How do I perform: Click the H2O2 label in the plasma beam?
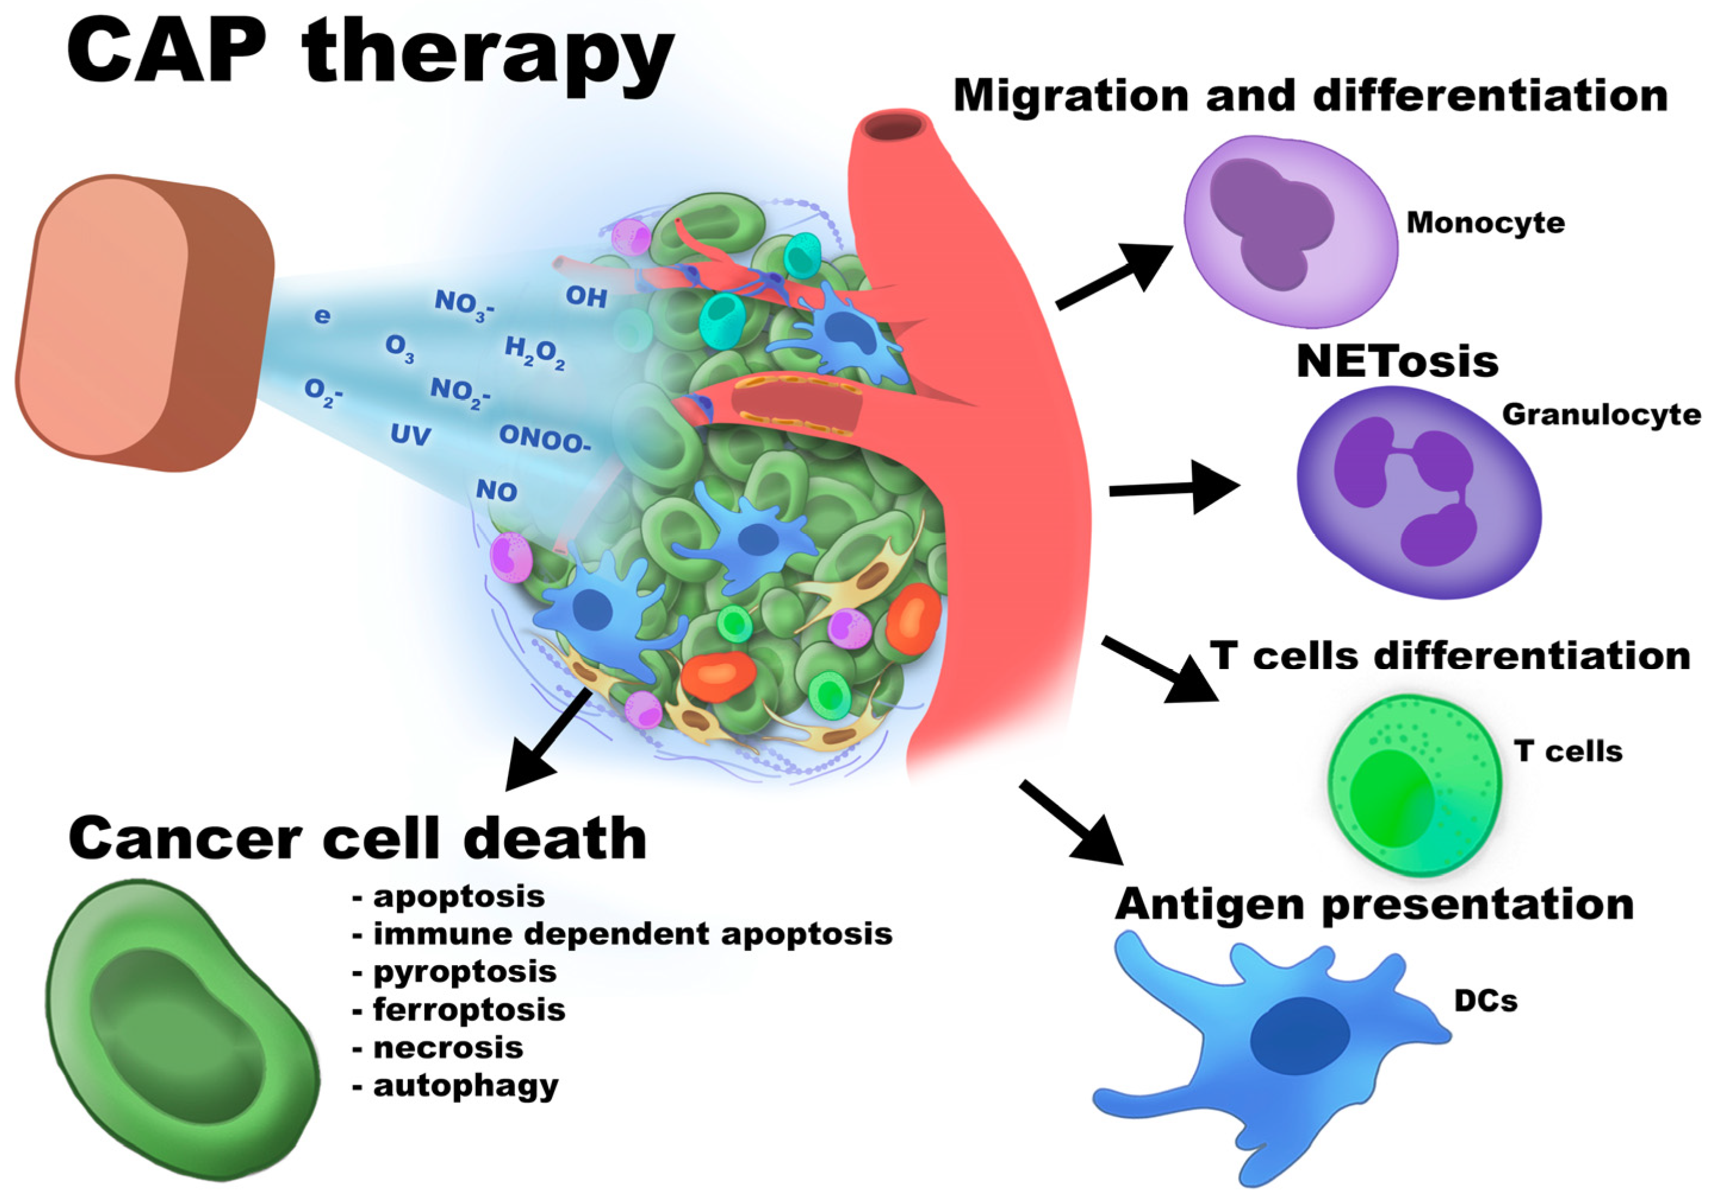coord(534,352)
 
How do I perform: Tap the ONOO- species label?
coord(544,438)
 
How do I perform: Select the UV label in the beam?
coord(411,435)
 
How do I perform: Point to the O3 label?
coord(400,348)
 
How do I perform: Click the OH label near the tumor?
coord(586,296)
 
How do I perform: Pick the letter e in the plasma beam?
coord(322,316)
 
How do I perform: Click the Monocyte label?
coord(1485,222)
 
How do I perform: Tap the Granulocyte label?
coord(1601,414)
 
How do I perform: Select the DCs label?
coord(1485,1001)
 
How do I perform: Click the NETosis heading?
coord(1397,361)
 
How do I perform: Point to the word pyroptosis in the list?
coord(464,972)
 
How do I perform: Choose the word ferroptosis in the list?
coord(468,1010)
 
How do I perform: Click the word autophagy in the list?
coord(465,1086)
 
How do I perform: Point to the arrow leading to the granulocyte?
coord(1173,488)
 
